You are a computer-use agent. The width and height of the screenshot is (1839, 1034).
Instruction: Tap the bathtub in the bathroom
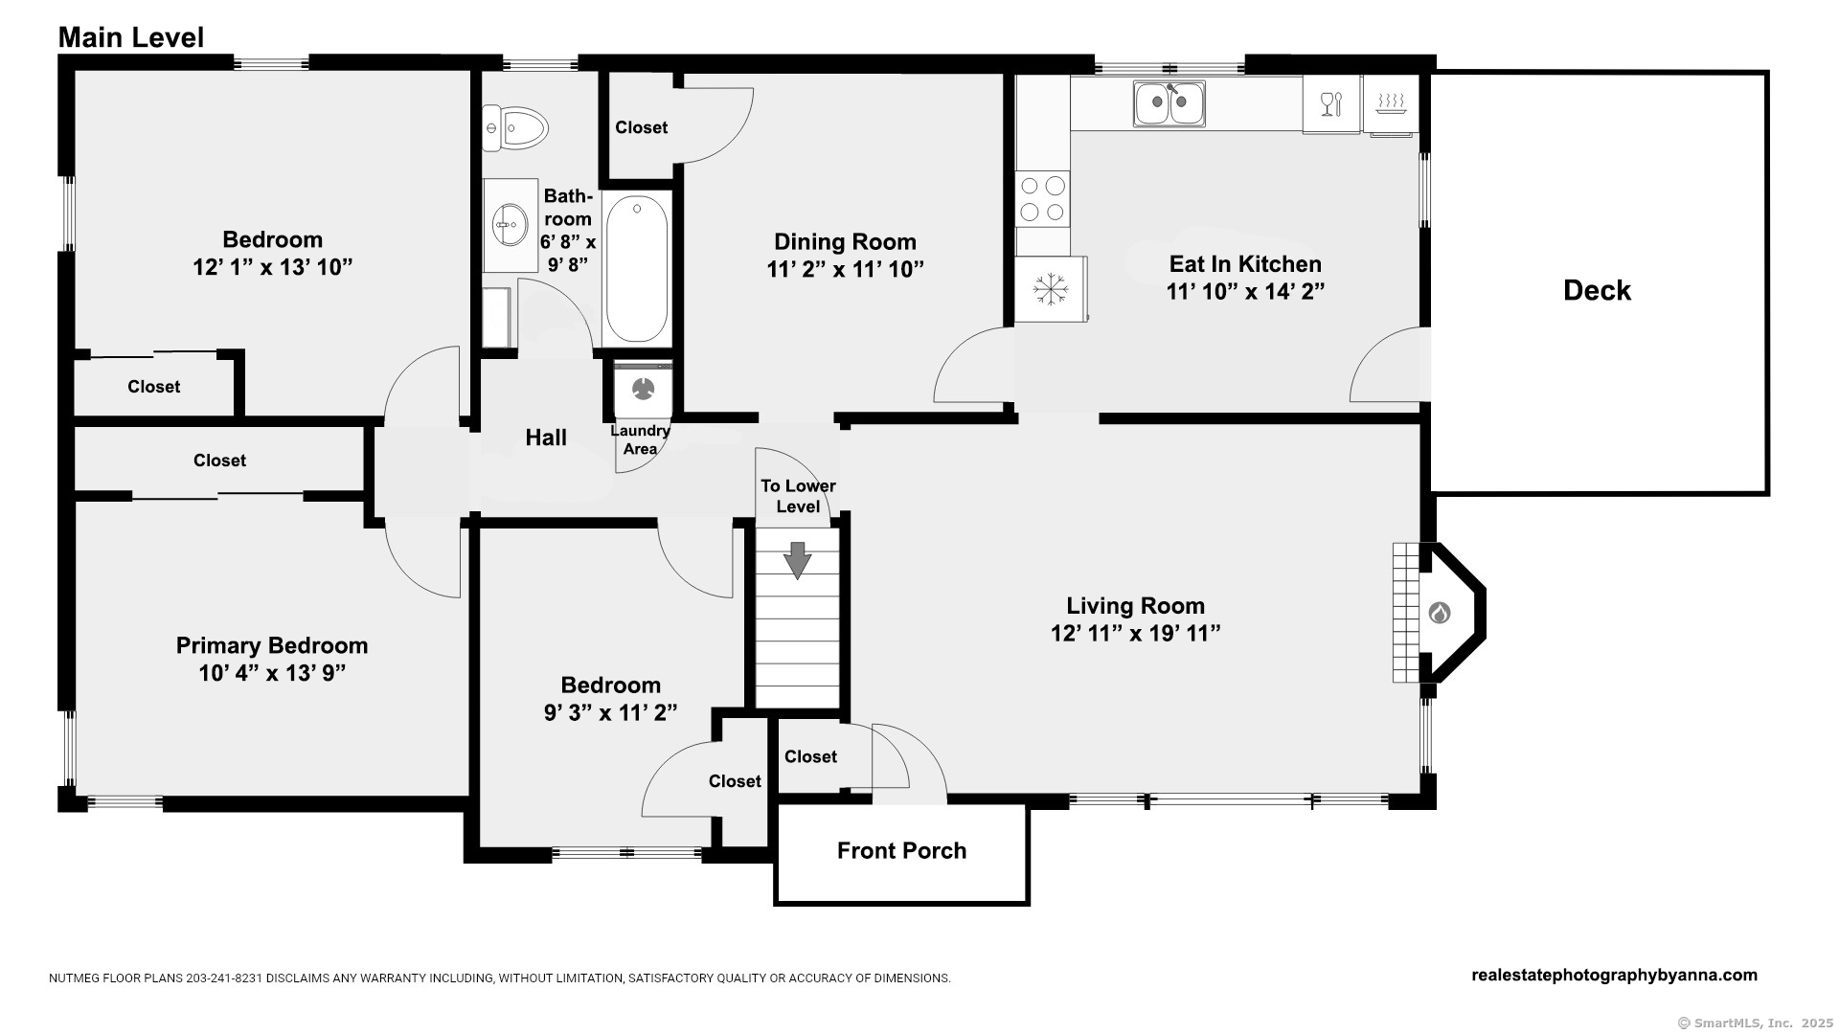[x=637, y=268]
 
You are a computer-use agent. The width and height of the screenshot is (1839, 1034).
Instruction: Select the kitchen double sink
[x=1169, y=103]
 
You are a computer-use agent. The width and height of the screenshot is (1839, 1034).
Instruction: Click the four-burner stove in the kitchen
[x=1043, y=199]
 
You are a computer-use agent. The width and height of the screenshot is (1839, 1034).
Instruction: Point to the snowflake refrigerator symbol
[x=1050, y=288]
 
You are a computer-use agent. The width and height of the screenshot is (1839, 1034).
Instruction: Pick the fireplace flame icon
[x=1439, y=613]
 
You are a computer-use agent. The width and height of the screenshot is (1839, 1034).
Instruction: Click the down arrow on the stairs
[x=797, y=560]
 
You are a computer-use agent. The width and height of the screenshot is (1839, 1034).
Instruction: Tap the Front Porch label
[x=901, y=850]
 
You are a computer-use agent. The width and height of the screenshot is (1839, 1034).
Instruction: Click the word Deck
[x=1597, y=290]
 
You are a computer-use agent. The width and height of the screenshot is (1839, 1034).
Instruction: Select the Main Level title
[x=131, y=37]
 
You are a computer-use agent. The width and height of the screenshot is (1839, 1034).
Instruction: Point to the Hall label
[x=546, y=438]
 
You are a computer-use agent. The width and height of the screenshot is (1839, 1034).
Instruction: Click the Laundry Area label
[x=640, y=439]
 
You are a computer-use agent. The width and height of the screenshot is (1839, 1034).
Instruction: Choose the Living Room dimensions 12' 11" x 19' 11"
[x=1135, y=633]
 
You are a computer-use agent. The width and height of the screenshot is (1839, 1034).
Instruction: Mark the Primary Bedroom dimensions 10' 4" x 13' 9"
[x=272, y=673]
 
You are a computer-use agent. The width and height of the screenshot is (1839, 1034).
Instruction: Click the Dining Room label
[x=845, y=241]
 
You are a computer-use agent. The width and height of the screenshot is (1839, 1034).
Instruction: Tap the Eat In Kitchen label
[x=1245, y=263]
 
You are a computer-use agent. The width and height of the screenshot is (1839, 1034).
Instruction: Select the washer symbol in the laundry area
[x=643, y=388]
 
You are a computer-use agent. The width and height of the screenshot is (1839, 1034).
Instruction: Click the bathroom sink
[x=509, y=225]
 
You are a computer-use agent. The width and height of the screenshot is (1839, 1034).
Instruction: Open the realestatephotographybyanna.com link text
[x=1614, y=975]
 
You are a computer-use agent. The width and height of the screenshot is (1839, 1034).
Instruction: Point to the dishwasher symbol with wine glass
[x=1331, y=103]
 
